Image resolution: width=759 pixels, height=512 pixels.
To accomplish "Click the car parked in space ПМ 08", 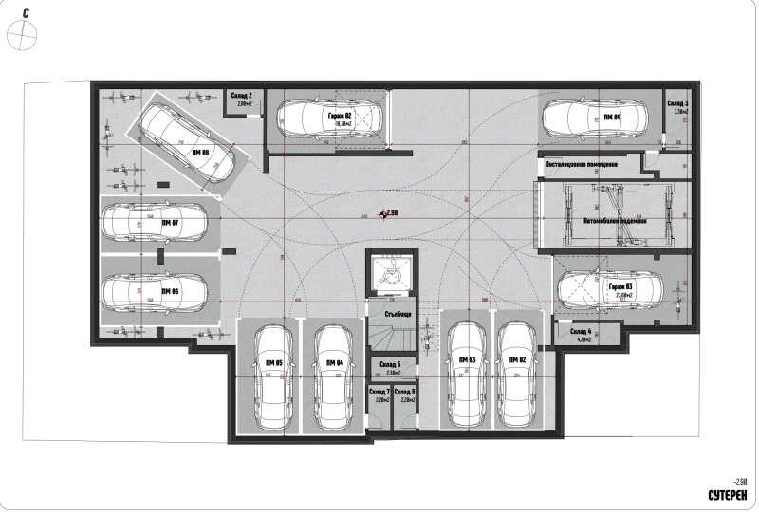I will pos(188,144).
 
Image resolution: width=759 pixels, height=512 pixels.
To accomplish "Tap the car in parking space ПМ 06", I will pos(154,291).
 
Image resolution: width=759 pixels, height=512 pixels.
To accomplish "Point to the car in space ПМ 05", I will pos(273,376).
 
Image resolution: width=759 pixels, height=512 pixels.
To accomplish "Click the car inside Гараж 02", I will pos(327,119).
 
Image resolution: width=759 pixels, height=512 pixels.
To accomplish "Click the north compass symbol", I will pos(21,35).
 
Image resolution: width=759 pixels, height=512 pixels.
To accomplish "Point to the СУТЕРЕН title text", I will pos(729,496).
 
